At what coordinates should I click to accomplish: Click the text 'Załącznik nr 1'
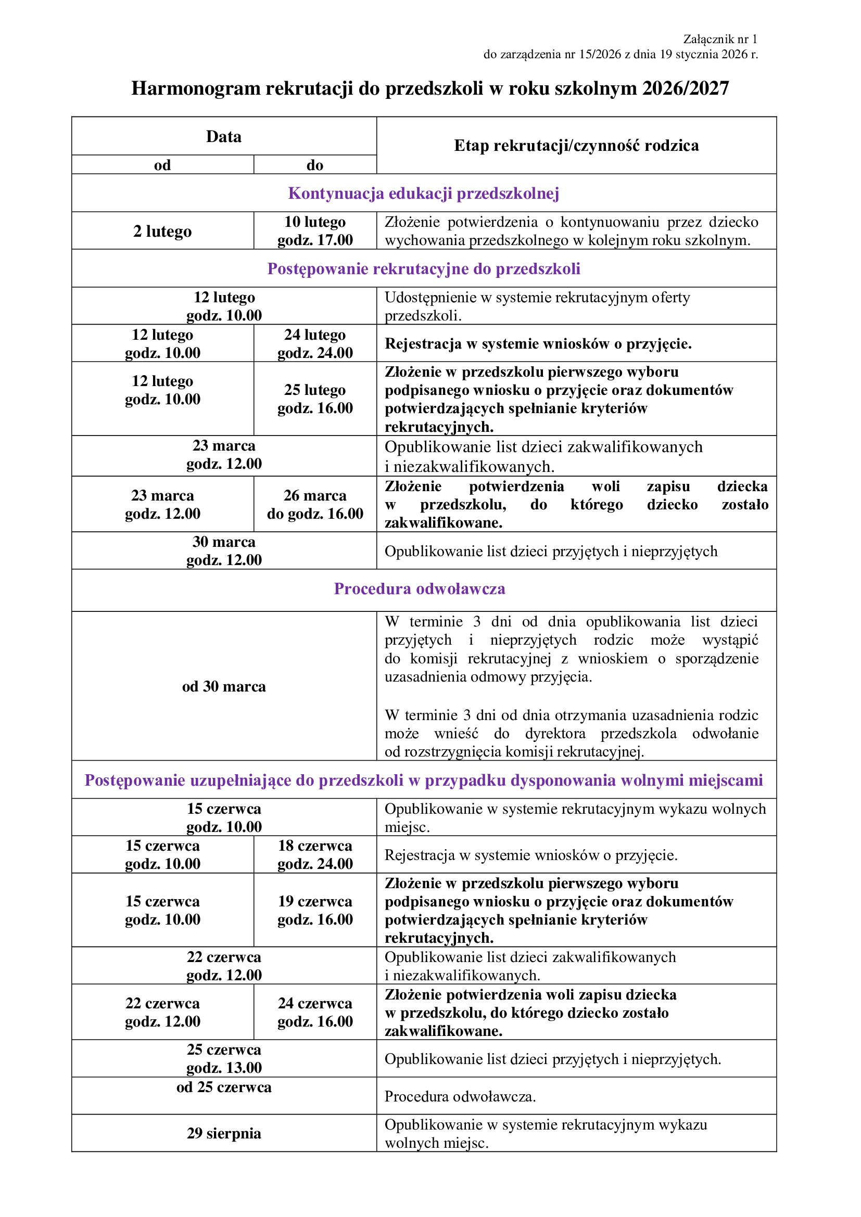(x=720, y=39)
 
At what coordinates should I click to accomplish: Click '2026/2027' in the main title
(x=686, y=88)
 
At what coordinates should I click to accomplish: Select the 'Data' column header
(x=224, y=137)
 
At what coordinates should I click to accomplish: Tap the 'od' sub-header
(x=162, y=165)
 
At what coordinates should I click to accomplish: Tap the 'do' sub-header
(x=315, y=165)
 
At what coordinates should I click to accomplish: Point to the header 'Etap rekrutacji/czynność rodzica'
(x=576, y=146)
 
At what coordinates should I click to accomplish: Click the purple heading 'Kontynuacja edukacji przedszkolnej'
(x=424, y=194)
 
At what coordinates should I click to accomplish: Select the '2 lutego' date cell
(x=162, y=232)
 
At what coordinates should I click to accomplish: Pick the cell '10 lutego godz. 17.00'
(x=315, y=231)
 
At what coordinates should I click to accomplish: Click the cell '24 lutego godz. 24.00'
(x=315, y=344)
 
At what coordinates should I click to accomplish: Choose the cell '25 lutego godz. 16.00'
(x=315, y=399)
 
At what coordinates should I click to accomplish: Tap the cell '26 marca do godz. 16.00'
(x=315, y=505)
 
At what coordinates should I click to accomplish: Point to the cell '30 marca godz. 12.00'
(x=224, y=550)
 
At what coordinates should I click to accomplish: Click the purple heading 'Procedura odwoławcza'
(x=420, y=589)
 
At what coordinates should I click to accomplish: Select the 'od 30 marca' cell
(x=224, y=687)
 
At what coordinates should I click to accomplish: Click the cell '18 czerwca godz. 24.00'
(x=315, y=855)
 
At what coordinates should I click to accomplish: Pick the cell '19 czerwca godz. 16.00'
(x=315, y=910)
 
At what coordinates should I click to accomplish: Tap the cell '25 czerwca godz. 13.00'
(x=224, y=1058)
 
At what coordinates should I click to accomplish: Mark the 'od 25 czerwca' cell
(x=224, y=1087)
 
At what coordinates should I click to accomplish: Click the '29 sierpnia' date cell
(x=224, y=1133)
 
